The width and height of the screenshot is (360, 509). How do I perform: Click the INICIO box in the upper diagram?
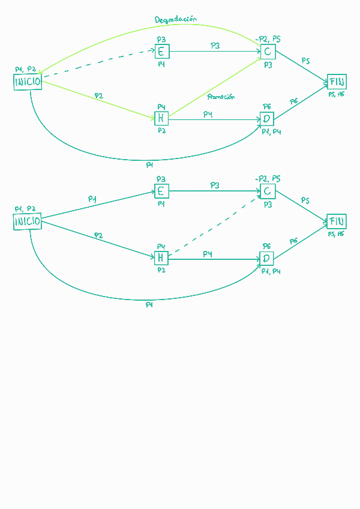tap(28, 82)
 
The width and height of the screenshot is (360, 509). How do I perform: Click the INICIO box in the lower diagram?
tap(28, 221)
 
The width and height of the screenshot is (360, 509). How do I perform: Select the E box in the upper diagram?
tap(161, 52)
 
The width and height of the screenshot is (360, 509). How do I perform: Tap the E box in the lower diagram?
tap(161, 191)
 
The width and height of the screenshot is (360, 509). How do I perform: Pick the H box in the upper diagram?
tap(161, 118)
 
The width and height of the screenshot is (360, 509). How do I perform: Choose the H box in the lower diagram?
tap(161, 258)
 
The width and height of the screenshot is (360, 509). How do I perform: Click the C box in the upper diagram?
tap(267, 52)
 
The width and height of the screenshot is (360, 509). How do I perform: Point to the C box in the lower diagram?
tap(267, 191)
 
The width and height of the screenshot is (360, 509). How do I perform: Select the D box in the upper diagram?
tap(267, 119)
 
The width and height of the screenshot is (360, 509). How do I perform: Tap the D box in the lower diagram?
tap(266, 259)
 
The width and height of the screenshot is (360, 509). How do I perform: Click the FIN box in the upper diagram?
tap(337, 82)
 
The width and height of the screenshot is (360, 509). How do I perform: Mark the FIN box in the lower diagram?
tap(336, 221)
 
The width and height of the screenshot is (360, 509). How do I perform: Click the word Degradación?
tap(176, 20)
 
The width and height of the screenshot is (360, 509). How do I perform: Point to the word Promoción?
tap(221, 97)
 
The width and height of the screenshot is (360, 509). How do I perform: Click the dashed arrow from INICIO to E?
tap(96, 63)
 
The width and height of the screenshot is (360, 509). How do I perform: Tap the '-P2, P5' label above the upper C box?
tap(268, 39)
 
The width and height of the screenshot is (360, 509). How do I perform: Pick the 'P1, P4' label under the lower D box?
tap(271, 271)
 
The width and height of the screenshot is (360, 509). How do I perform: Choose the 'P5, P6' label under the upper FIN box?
tap(336, 94)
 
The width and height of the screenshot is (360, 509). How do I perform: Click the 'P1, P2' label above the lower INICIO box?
tap(25, 208)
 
